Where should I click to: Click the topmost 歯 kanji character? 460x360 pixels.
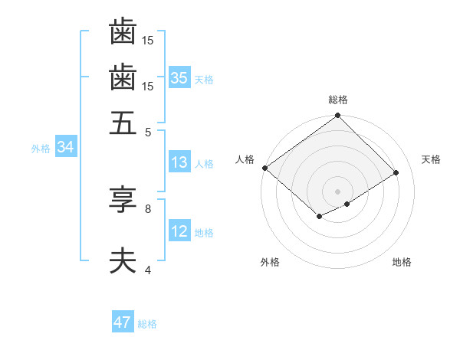click(x=123, y=32)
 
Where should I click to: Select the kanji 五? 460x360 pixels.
click(x=123, y=124)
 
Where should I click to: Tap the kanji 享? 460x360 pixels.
click(x=123, y=201)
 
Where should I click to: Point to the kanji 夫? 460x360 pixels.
click(x=123, y=262)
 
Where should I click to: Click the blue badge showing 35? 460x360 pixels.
click(x=179, y=78)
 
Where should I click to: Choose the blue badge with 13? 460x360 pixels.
click(x=179, y=162)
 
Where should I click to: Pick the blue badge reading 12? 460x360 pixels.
click(x=179, y=232)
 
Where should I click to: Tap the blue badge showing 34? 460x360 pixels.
click(x=65, y=148)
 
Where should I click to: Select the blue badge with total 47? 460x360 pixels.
click(x=122, y=322)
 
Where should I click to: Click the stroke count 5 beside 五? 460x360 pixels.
click(x=148, y=132)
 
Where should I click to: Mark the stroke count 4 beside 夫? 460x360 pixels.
click(x=148, y=270)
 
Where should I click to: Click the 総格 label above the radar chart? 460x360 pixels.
click(x=337, y=100)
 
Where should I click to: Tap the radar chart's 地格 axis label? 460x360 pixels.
click(x=402, y=263)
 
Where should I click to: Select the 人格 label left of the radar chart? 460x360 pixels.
click(x=245, y=159)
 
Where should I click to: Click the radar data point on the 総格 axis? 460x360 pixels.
click(x=337, y=116)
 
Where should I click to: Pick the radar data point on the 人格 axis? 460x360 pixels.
click(x=264, y=168)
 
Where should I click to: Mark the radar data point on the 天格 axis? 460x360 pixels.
click(x=396, y=172)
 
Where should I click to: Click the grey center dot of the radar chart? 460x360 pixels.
click(x=337, y=191)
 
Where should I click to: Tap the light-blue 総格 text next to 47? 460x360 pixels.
click(x=147, y=324)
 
